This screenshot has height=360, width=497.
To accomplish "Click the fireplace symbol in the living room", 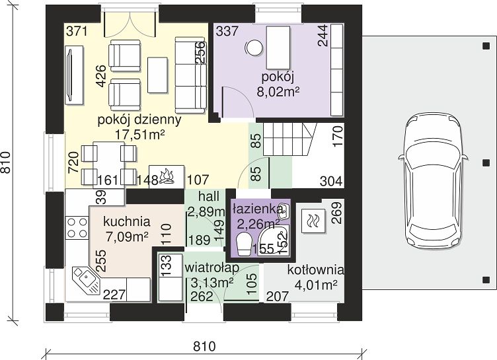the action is [167, 177].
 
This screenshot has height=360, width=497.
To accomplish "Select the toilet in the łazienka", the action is [244, 244].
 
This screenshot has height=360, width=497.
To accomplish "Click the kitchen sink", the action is [85, 279].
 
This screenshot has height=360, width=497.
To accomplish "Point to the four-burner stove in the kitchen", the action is [77, 228].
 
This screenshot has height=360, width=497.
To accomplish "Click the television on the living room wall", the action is [74, 75].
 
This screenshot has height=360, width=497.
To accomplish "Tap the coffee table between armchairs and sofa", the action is [157, 75].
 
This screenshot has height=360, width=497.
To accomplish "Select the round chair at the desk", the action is [254, 48].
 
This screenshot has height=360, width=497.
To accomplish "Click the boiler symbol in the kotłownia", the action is [313, 221].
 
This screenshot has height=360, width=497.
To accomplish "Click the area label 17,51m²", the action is [140, 135].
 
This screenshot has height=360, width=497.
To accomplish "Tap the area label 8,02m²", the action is [278, 91].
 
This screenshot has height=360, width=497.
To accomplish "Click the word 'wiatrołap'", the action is [212, 268].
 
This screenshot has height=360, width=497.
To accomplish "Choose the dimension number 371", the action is [77, 32].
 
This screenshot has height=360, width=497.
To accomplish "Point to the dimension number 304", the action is [331, 181].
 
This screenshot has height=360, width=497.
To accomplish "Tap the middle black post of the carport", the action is [486, 163].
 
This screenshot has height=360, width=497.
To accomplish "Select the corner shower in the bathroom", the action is [274, 240].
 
